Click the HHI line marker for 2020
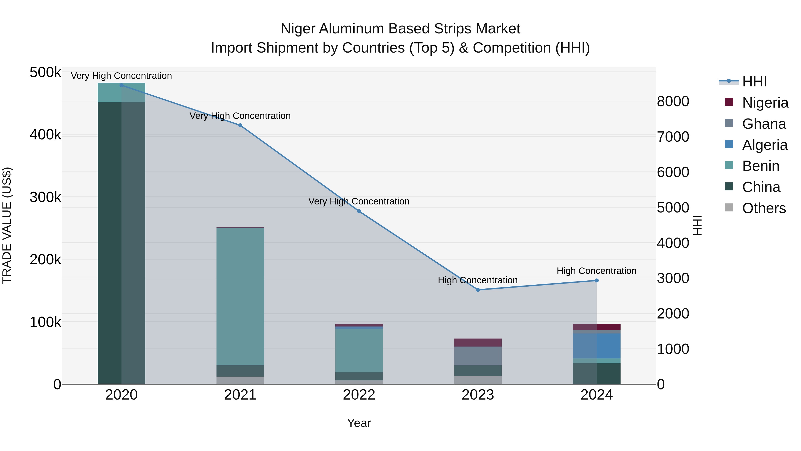click(121, 85)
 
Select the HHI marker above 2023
click(478, 290)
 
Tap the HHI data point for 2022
click(359, 211)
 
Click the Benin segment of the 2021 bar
click(240, 296)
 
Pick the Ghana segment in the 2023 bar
click(478, 356)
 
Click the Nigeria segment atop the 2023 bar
click(478, 342)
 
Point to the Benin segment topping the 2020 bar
click(121, 92)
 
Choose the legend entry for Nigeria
click(765, 103)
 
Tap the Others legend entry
click(764, 208)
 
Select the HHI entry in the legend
click(754, 82)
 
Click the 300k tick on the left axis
click(45, 197)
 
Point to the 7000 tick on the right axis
click(673, 137)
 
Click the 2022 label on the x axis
click(359, 395)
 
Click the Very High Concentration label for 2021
click(240, 116)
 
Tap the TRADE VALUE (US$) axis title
click(7, 225)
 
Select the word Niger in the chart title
click(298, 29)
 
